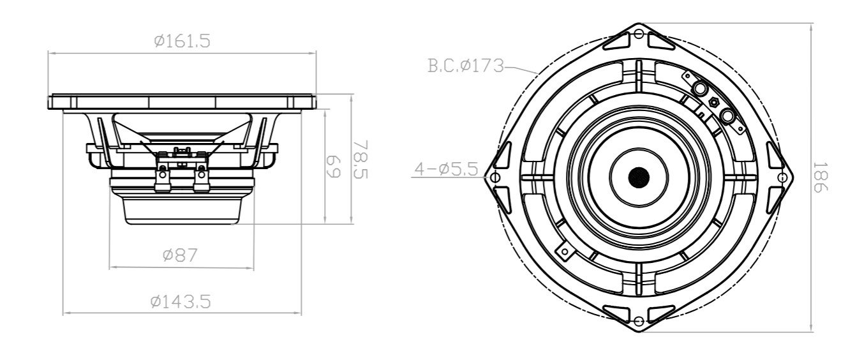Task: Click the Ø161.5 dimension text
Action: pos(182,41)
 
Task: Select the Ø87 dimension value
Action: pos(180,255)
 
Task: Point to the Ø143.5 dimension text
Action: pos(181,301)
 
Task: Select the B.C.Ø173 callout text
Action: pos(466,65)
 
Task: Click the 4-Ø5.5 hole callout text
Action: pos(445,170)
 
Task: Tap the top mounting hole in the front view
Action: pos(639,36)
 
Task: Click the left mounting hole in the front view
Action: pos(496,177)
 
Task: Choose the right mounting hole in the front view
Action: pos(781,177)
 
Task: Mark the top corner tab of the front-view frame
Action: pos(639,29)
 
